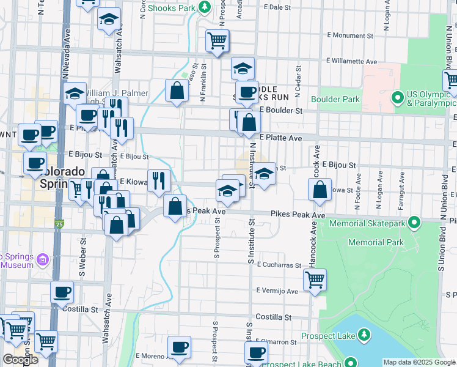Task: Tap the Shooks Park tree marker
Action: pos(205,8)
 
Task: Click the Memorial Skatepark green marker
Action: pos(415,223)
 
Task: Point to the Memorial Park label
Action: pos(376,243)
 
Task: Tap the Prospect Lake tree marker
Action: pos(364,335)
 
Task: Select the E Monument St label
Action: pos(354,36)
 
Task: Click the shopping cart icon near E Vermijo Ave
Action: pos(315,280)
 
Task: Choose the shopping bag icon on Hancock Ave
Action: pos(320,191)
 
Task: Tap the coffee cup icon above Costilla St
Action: pos(62,292)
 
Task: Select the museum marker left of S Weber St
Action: pos(43,261)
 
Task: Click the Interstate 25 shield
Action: pos(59,224)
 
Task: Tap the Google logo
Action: pos(20,360)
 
